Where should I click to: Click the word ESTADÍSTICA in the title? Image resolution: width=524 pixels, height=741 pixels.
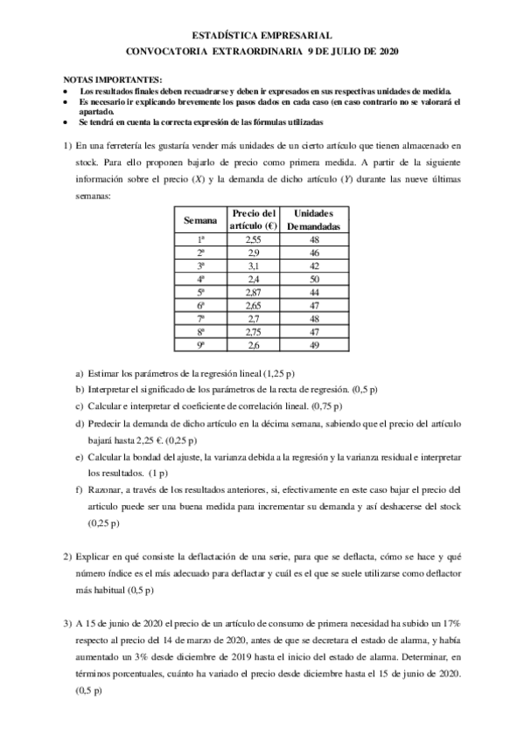226,36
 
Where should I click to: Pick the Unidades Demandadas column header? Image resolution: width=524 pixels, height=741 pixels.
313,220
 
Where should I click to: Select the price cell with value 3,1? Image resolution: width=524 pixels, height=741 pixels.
253,265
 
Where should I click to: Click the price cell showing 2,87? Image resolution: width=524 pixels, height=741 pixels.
253,292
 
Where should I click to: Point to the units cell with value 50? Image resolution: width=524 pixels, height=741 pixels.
313,279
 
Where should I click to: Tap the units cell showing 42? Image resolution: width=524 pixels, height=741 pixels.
313,265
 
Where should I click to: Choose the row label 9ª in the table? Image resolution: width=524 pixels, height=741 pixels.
199,346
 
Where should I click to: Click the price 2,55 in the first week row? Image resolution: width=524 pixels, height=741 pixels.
253,239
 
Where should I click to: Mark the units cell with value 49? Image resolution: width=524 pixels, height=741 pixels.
313,346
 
